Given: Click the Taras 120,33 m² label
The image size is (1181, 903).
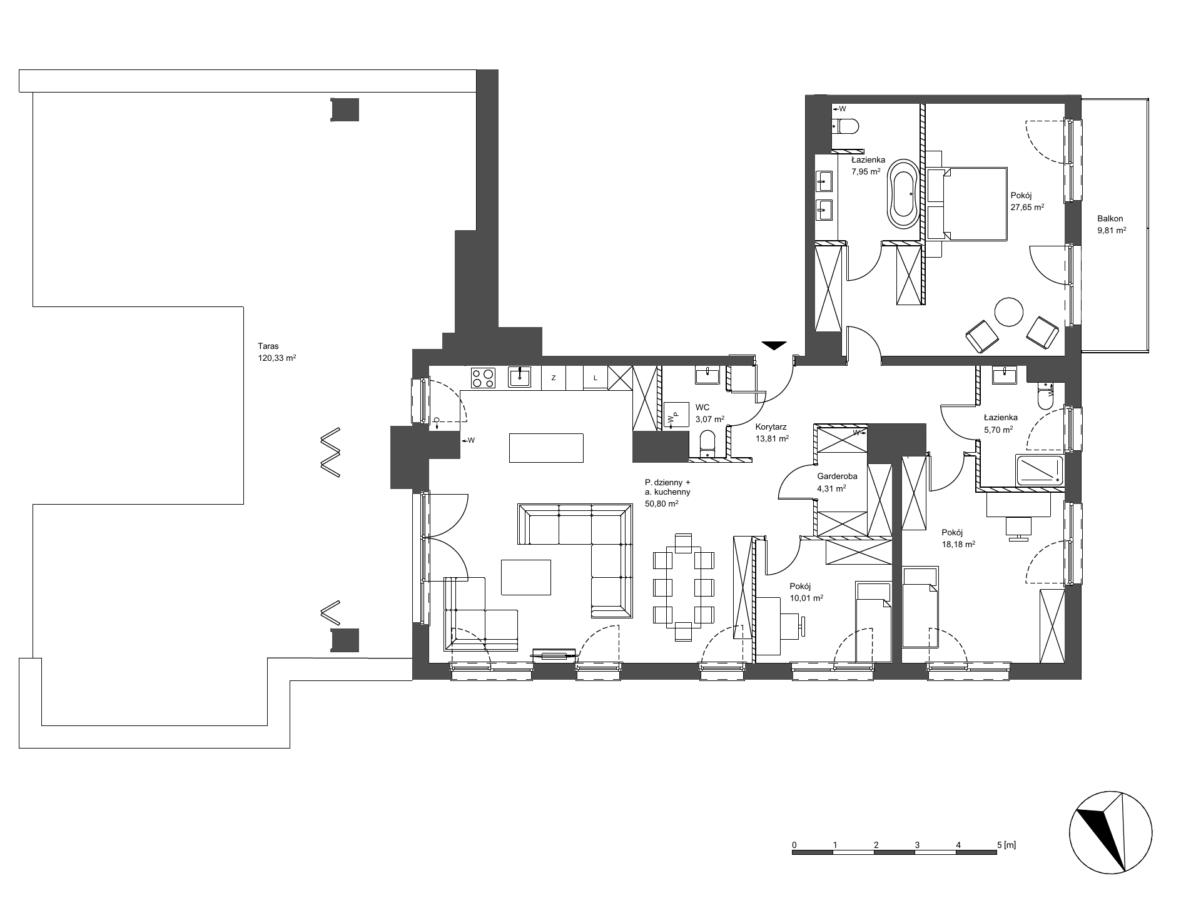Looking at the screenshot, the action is tap(276, 352).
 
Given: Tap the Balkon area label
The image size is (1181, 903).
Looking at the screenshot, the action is tap(1112, 224).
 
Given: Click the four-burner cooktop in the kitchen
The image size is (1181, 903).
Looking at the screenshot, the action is tap(483, 378).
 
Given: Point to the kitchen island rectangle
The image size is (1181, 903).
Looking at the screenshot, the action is tap(547, 448).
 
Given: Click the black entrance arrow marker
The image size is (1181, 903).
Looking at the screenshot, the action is tap(774, 346).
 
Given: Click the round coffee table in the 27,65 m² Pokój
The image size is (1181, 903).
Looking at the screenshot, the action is tap(1009, 311).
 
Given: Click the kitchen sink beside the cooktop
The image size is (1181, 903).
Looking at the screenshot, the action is tap(519, 378).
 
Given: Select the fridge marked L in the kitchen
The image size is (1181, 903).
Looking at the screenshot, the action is tap(596, 378).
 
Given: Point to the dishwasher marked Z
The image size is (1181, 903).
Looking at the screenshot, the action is tap(553, 378).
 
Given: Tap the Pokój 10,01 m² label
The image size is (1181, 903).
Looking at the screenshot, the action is tap(806, 592).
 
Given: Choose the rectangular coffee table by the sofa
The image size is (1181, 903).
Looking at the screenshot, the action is tap(526, 577).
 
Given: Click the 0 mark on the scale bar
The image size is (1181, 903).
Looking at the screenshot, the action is tap(794, 845).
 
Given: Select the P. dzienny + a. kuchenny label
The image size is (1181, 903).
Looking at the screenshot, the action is tap(667, 492).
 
